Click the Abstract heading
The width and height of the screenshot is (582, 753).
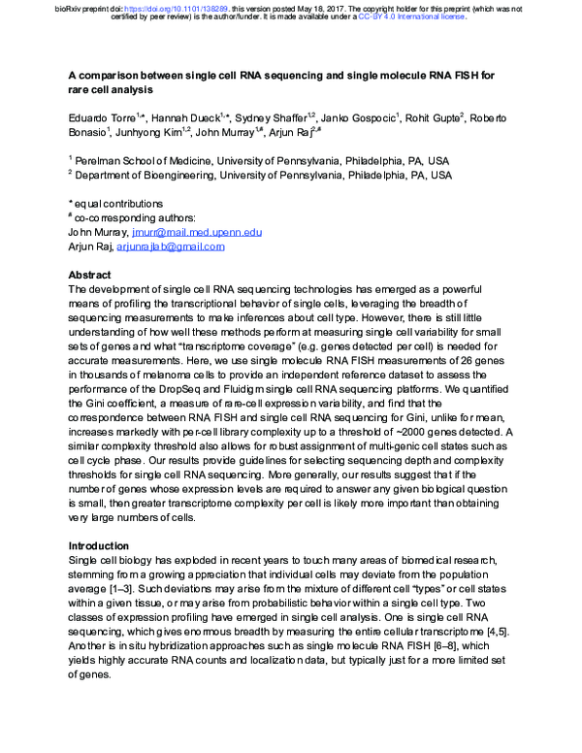91,275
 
